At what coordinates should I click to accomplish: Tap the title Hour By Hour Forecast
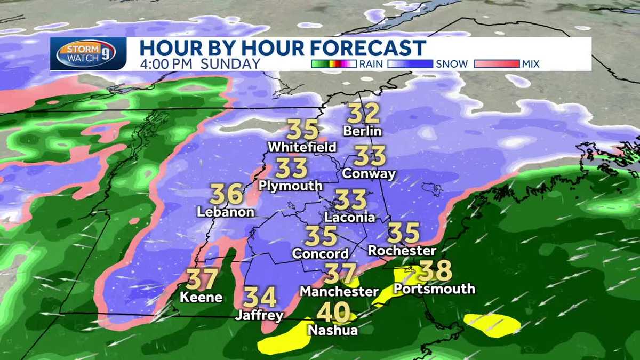pos(283,47)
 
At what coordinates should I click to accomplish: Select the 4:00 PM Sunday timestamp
pos(200,64)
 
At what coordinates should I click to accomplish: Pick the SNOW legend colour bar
pos(411,64)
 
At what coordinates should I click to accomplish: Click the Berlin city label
pos(363,131)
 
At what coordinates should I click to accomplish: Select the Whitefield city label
pos(302,147)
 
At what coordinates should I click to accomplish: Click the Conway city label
pos(370,173)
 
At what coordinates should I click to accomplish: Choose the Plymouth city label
pos(291,186)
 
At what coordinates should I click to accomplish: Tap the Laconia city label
pos(349,218)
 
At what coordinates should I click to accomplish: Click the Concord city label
pos(320,254)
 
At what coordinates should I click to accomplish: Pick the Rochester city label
pos(402,251)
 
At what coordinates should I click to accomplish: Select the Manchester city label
pos(339,292)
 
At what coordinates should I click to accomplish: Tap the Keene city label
pos(201,297)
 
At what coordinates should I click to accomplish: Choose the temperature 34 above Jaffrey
pos(260,297)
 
